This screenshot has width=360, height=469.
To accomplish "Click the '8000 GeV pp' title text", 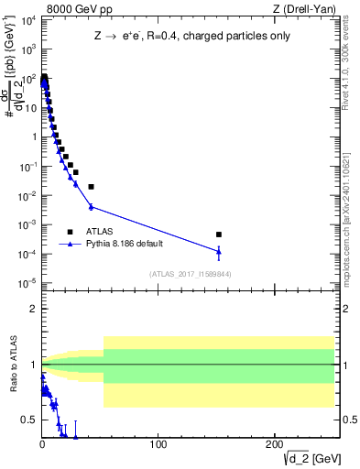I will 80,10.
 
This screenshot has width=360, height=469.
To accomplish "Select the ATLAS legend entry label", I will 101,232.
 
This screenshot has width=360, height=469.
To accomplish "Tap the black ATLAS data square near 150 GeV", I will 219,234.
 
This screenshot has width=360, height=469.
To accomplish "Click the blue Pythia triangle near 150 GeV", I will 219,251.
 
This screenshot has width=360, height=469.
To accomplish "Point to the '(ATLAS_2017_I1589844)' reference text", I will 190,274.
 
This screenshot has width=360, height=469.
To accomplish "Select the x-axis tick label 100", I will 158,445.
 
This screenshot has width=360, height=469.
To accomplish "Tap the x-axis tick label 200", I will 274,445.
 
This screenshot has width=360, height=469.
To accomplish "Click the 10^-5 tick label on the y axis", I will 27,282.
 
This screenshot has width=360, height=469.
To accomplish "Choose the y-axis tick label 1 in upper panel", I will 32,137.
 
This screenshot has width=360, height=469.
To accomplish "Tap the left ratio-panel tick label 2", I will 33,309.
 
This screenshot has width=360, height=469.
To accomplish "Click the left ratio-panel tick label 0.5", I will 28,420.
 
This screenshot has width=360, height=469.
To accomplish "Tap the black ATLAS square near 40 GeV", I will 91,187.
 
